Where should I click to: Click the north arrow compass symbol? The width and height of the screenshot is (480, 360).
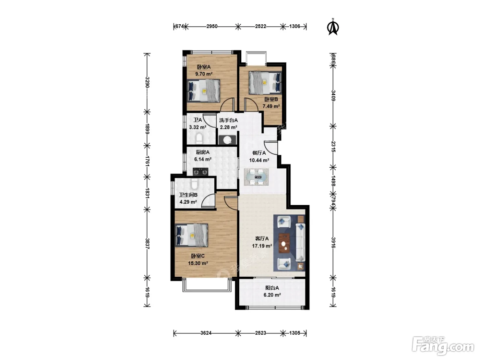pyautogui.click(x=333, y=27)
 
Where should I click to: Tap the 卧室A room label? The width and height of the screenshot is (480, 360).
pyautogui.click(x=204, y=67)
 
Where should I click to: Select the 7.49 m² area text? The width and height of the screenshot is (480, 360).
pyautogui.click(x=271, y=106)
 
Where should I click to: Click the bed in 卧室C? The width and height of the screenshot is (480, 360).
pyautogui.click(x=192, y=235)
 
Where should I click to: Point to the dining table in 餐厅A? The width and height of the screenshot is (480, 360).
pyautogui.click(x=256, y=177)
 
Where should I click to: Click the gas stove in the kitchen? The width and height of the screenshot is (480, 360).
pyautogui.click(x=201, y=172)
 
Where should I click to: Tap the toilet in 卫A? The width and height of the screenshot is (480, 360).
pyautogui.click(x=199, y=139)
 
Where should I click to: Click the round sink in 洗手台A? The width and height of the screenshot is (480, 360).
pyautogui.click(x=228, y=140)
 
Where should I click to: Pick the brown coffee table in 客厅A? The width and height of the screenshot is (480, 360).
pyautogui.click(x=284, y=243)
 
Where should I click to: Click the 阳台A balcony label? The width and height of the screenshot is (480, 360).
pyautogui.click(x=272, y=288)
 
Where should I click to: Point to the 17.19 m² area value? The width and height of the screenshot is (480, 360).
pyautogui.click(x=262, y=246)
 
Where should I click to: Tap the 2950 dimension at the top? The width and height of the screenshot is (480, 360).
pyautogui.click(x=212, y=26)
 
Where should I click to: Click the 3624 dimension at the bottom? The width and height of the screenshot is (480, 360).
pyautogui.click(x=206, y=333)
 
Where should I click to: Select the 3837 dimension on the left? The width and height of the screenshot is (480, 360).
pyautogui.click(x=147, y=243)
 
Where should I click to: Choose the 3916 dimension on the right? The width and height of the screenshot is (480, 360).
pyautogui.click(x=333, y=243)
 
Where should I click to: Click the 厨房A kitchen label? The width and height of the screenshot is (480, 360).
pyautogui.click(x=203, y=152)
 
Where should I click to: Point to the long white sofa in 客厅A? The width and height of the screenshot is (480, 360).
pyautogui.click(x=300, y=242)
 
